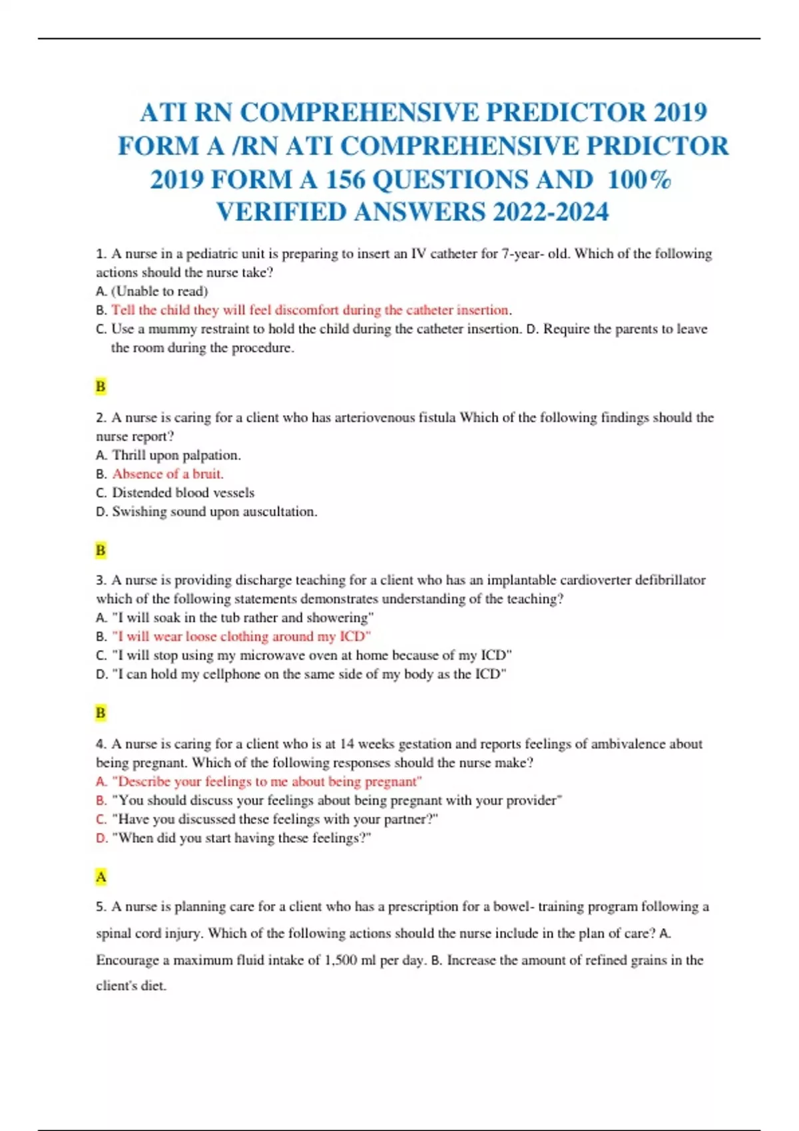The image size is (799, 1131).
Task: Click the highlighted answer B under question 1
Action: point(101,387)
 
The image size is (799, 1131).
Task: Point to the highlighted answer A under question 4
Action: point(101,877)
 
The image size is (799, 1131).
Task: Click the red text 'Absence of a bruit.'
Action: point(168,474)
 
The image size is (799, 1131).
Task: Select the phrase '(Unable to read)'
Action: point(160,291)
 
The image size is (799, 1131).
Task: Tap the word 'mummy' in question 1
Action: point(170,329)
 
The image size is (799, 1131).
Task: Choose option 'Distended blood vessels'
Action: point(183,493)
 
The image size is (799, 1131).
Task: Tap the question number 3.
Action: point(100,580)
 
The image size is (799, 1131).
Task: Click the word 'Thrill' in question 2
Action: point(129,455)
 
